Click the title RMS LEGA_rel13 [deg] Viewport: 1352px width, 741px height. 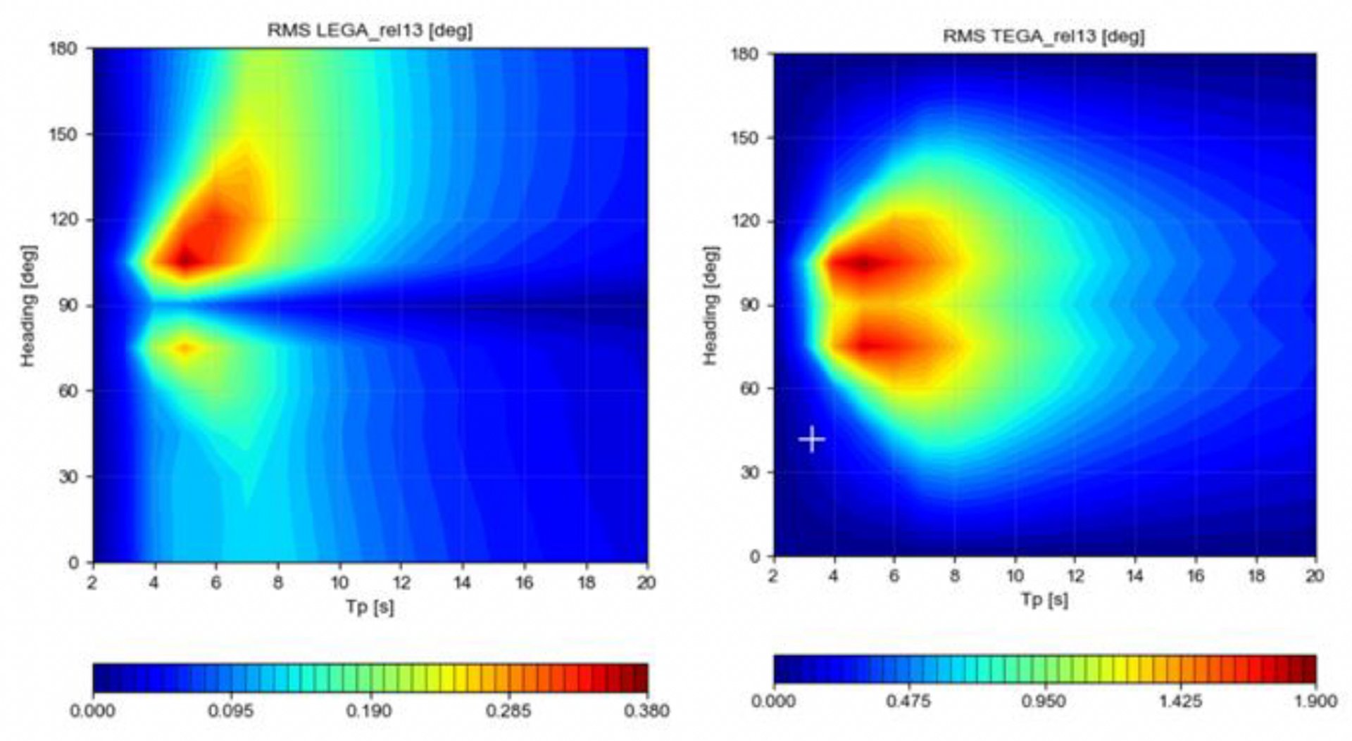point(369,31)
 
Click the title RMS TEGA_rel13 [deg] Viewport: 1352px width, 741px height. point(1044,36)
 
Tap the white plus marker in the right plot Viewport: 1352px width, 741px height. point(812,439)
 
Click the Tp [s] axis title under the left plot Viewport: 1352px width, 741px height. point(369,606)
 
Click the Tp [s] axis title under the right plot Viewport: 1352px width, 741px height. point(1044,600)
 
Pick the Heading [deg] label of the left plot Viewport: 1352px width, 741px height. point(27,305)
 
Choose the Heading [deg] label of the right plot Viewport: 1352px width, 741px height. point(711,305)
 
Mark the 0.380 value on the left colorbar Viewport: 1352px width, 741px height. point(646,711)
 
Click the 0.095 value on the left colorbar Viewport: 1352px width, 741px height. point(230,711)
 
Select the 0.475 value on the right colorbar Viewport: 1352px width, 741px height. point(909,702)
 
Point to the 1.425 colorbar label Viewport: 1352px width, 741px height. point(1181,702)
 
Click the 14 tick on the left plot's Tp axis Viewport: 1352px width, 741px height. point(462,583)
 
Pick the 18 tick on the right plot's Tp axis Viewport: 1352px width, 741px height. point(1256,576)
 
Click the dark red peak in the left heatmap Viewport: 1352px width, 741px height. point(186,260)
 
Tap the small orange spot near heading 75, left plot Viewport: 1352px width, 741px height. point(185,348)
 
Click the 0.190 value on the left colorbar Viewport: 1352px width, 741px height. point(368,711)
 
